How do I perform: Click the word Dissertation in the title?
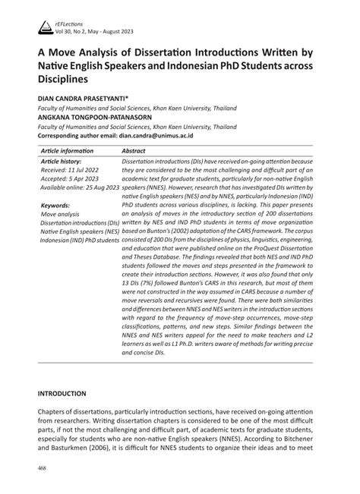167,53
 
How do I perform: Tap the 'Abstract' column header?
134,152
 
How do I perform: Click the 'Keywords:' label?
55,205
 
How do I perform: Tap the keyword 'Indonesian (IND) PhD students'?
79,241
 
